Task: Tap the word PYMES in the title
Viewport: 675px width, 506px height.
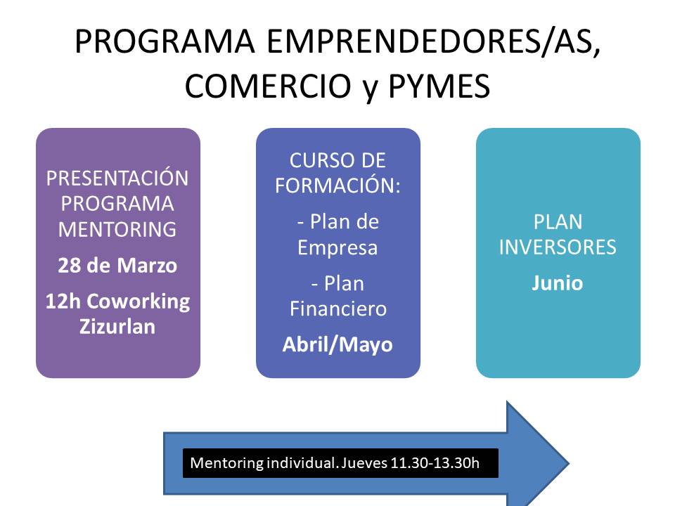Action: point(439,86)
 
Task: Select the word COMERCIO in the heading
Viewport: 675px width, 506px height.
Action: point(268,86)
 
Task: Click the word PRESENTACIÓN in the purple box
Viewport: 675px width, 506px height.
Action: point(117,178)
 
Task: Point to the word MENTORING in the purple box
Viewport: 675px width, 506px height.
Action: point(117,229)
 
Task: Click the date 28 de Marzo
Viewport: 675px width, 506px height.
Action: point(117,266)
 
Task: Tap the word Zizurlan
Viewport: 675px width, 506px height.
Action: point(117,327)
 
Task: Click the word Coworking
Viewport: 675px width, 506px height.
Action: point(139,302)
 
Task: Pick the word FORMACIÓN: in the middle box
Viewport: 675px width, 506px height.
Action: point(338,186)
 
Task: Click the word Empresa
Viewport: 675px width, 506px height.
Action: point(337,248)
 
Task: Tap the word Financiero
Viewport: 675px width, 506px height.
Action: point(338,309)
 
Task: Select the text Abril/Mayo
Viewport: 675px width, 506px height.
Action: point(337,344)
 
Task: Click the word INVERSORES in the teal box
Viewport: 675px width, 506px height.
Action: point(558,247)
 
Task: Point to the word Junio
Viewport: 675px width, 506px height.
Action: point(558,283)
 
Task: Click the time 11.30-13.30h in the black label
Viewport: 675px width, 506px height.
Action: point(435,463)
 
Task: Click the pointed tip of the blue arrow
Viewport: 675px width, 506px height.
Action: point(570,463)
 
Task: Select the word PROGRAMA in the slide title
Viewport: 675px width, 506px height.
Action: point(165,42)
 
